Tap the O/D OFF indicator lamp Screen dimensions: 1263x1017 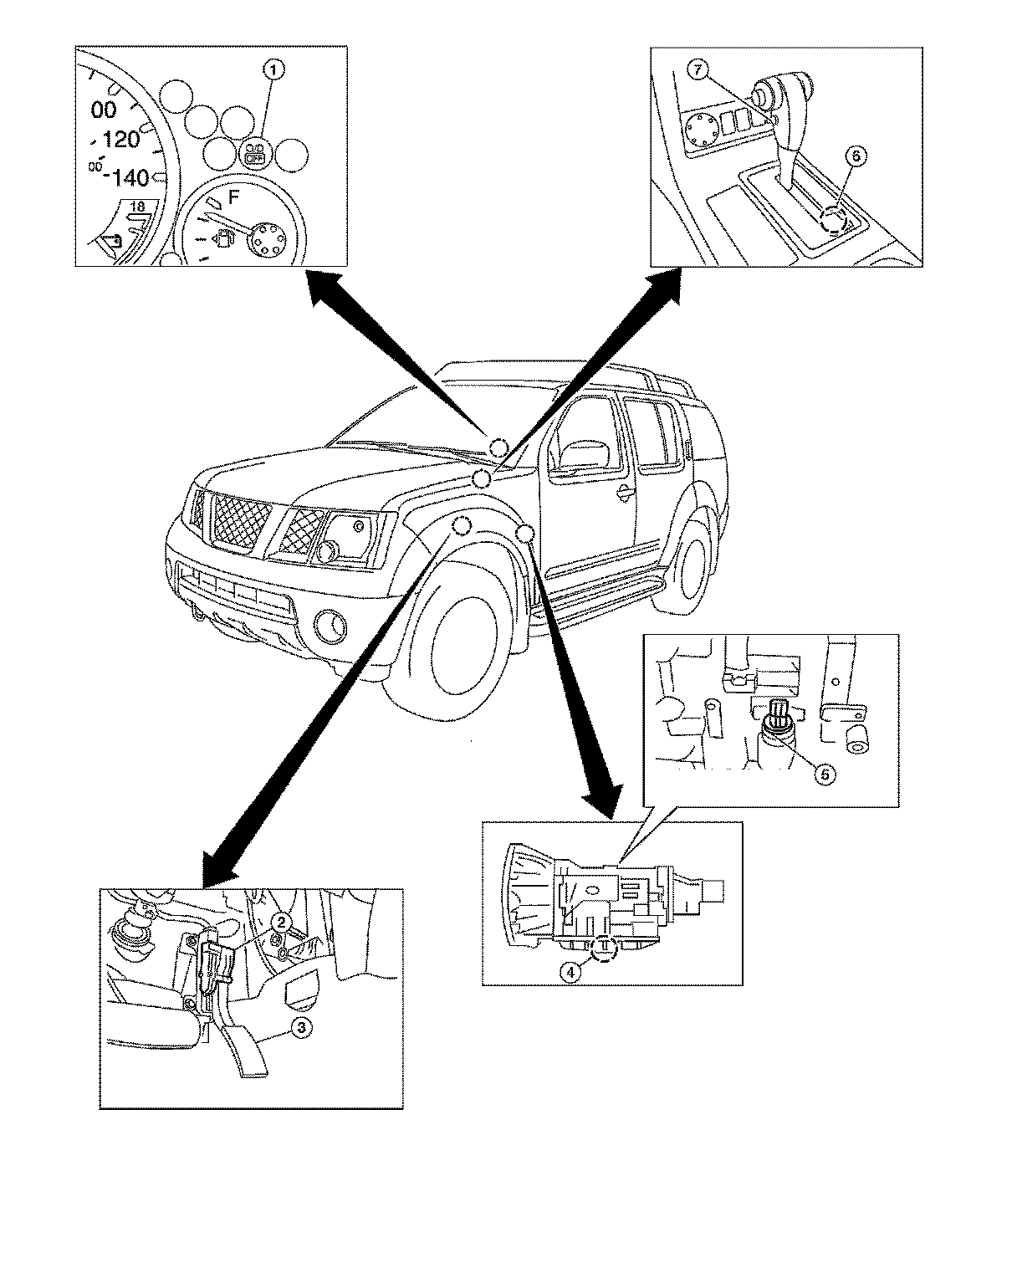pos(254,154)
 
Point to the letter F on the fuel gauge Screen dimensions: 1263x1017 pos(233,198)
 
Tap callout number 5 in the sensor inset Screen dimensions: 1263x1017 pos(824,774)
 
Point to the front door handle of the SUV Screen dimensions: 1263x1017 pos(622,494)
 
